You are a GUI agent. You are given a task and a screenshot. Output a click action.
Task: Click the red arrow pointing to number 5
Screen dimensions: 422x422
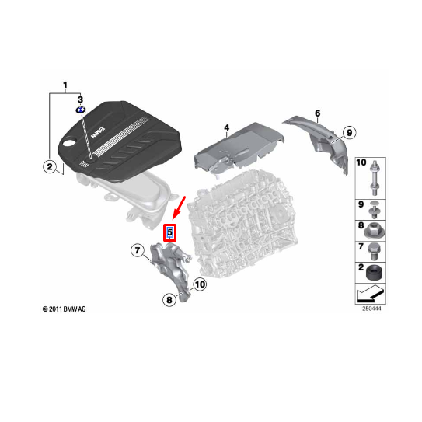179,208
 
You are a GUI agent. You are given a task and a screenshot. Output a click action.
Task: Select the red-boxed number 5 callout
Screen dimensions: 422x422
170,232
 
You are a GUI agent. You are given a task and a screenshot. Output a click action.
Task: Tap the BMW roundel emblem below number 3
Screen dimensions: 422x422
81,110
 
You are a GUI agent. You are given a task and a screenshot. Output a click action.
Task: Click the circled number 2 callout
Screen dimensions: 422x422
50,166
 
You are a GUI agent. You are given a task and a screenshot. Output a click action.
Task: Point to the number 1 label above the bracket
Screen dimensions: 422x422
65,85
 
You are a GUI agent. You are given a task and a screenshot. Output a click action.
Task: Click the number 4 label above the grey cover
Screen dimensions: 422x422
227,127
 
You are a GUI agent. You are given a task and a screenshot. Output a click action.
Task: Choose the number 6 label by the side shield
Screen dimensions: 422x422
318,113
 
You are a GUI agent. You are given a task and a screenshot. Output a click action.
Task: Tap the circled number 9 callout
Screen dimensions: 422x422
349,132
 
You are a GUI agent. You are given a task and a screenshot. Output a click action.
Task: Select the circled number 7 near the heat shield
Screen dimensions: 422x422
138,250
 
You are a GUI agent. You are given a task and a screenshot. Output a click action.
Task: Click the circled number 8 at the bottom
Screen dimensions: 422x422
169,299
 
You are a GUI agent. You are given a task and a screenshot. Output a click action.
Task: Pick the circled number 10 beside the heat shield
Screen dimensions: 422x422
200,284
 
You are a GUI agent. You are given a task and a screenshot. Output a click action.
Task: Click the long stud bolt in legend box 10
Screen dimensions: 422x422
375,178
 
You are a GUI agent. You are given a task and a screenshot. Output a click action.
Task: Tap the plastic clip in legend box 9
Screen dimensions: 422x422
375,209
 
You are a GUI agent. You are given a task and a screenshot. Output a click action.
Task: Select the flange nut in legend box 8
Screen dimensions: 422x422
375,231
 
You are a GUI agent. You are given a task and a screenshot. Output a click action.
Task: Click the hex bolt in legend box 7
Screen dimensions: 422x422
374,252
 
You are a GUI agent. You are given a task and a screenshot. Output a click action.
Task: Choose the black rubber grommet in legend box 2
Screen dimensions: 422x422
375,273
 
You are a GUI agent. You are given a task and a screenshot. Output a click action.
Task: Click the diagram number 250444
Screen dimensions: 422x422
371,309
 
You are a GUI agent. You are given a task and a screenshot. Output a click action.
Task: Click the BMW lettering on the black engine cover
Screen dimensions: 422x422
98,133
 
